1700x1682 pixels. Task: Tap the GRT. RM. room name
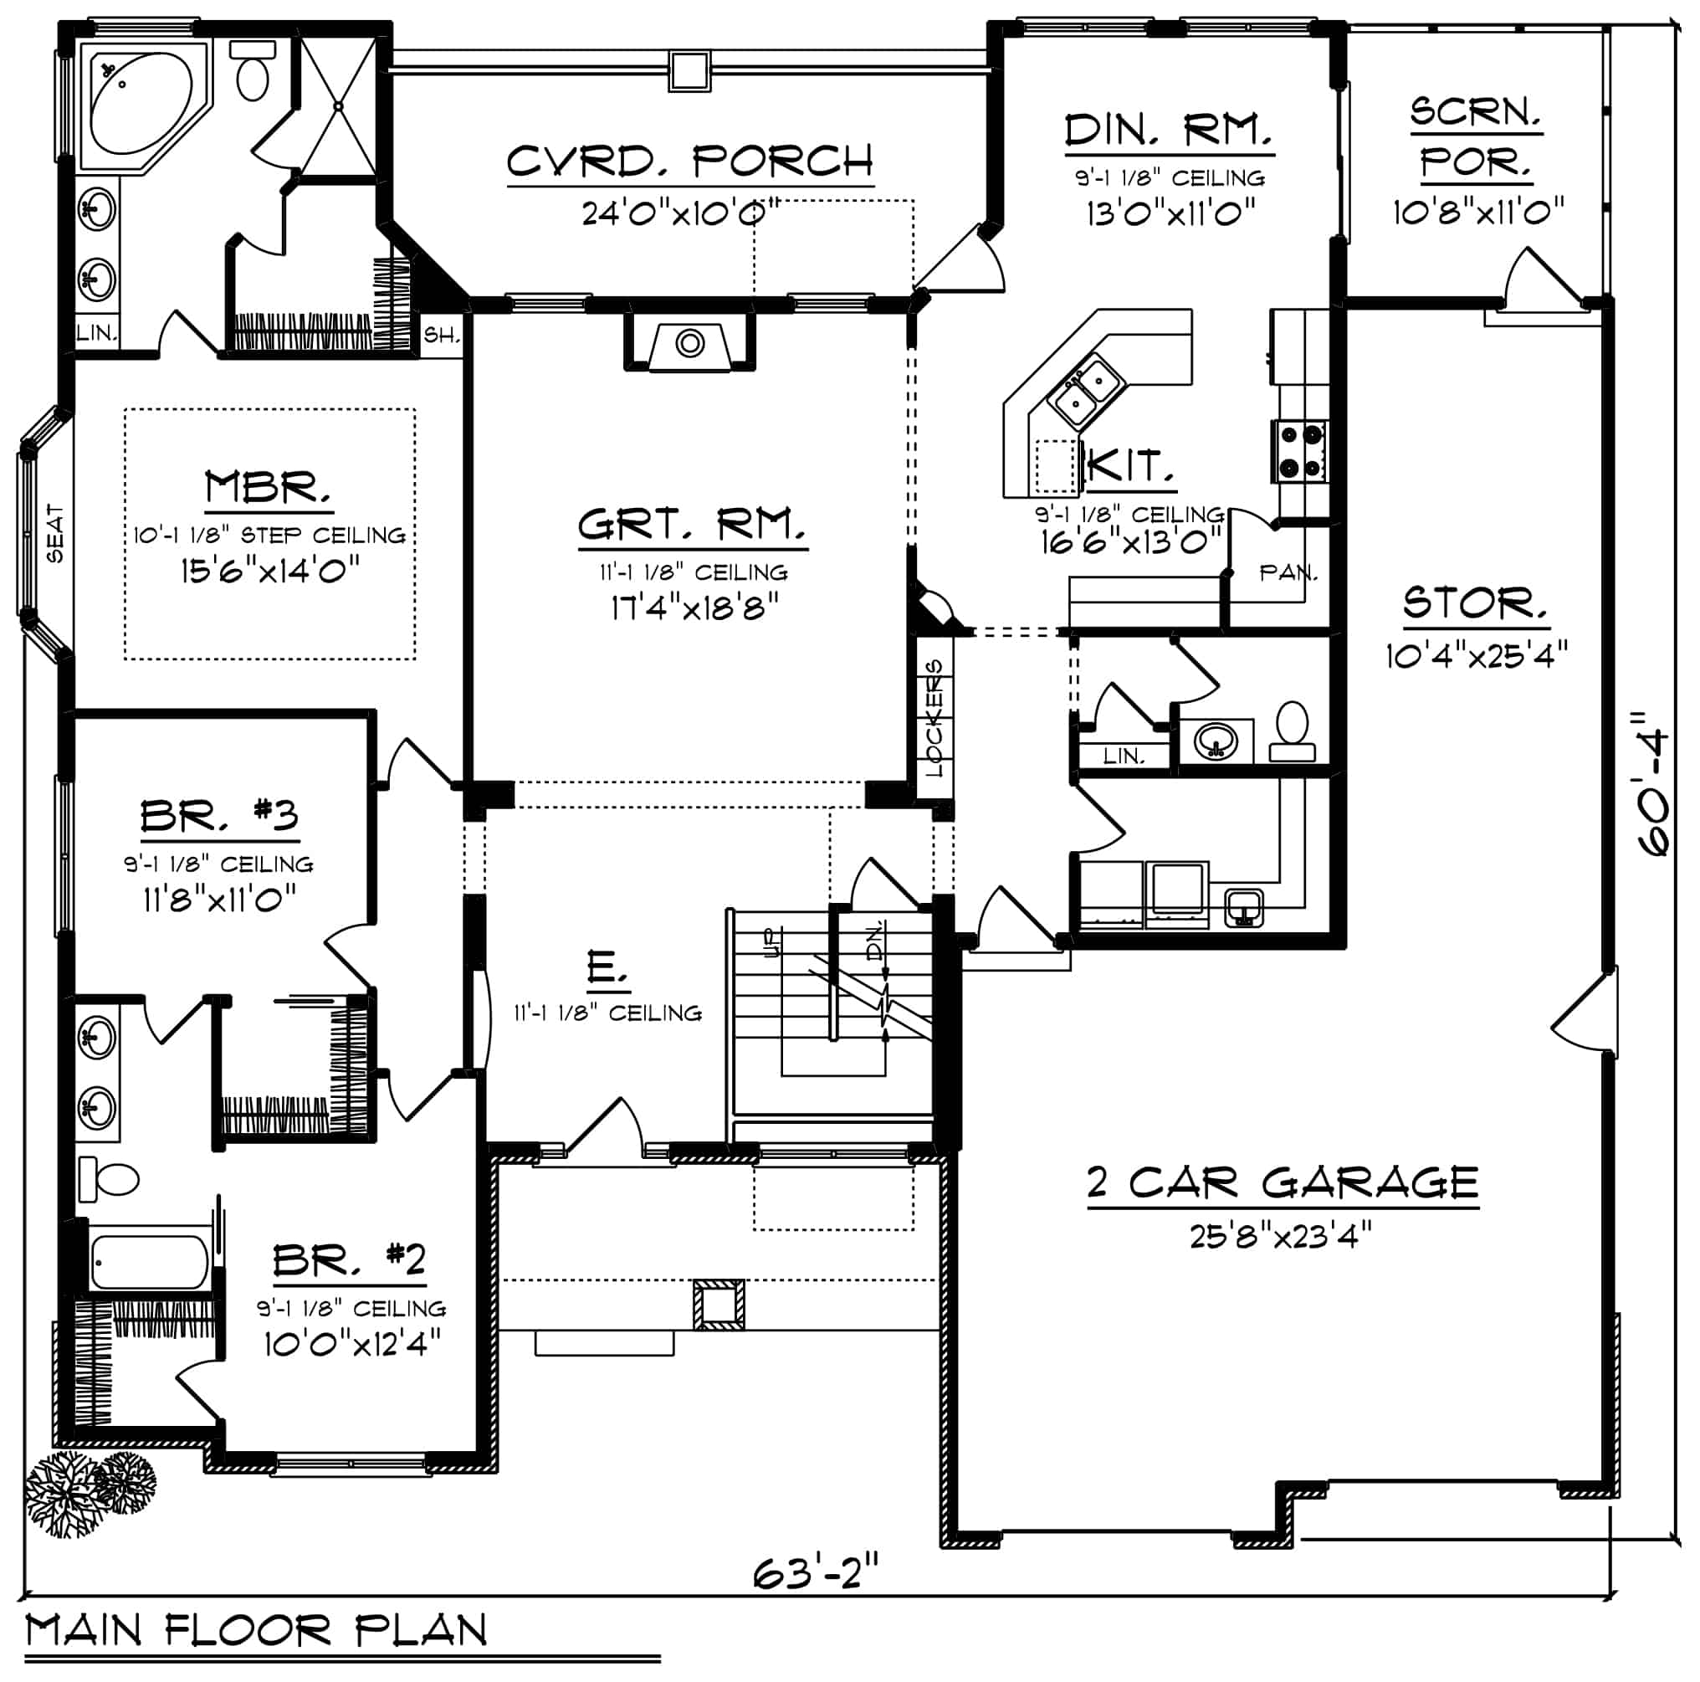(x=692, y=525)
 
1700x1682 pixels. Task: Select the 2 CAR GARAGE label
(x=1283, y=1182)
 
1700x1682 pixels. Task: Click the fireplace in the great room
(x=690, y=342)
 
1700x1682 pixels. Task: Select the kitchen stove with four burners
(x=1299, y=452)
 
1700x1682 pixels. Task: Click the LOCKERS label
(x=934, y=718)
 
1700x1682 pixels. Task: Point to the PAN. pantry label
(x=1288, y=573)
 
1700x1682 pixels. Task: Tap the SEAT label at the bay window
(x=54, y=533)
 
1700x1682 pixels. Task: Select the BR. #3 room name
(x=219, y=816)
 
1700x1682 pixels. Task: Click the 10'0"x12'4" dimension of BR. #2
(x=352, y=1344)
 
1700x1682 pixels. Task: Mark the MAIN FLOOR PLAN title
(x=256, y=1631)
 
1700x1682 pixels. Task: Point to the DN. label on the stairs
(x=874, y=939)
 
